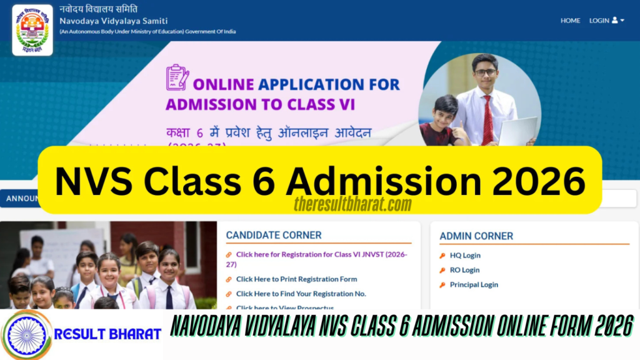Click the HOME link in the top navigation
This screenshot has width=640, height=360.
[x=570, y=21]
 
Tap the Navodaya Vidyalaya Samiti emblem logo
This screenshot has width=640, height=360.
[x=32, y=30]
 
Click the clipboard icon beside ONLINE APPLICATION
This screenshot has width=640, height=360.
[x=177, y=77]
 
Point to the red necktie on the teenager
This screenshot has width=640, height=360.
[x=487, y=119]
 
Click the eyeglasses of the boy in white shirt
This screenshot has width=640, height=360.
[x=484, y=72]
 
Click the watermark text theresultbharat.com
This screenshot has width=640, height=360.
[x=352, y=204]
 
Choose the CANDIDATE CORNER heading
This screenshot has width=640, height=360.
[x=274, y=236]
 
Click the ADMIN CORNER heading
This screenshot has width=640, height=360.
[x=476, y=236]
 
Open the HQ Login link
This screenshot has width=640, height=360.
[x=465, y=256]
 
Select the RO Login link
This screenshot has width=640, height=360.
[x=464, y=270]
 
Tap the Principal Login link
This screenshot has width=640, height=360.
[x=474, y=285]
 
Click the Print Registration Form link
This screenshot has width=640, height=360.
[x=296, y=279]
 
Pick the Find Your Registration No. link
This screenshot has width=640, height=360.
[x=301, y=294]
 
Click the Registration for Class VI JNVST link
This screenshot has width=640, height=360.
[x=312, y=255]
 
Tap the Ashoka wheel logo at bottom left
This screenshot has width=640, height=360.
[x=26, y=335]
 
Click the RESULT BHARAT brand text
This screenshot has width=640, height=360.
[x=107, y=334]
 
